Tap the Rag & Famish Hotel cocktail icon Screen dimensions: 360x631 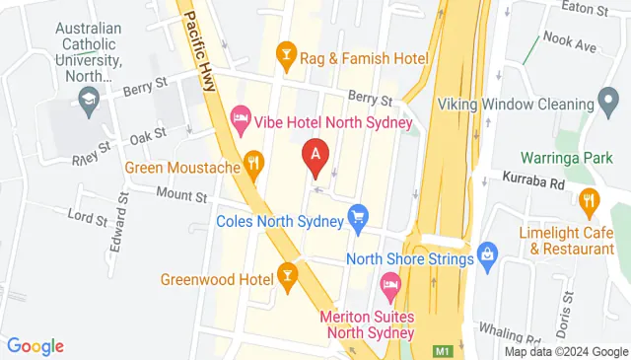pos(287,50)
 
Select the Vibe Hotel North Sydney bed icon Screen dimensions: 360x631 pos(240,120)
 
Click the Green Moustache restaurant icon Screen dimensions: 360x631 pos(254,162)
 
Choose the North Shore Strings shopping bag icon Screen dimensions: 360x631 pos(487,253)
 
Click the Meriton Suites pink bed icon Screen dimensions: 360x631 pos(390,290)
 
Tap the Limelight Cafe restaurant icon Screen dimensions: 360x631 pos(590,203)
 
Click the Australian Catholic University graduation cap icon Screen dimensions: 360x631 pos(88,100)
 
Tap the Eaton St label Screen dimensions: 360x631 pos(582,9)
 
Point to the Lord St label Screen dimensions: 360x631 pos(87,217)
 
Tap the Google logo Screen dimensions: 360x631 pos(35,346)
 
